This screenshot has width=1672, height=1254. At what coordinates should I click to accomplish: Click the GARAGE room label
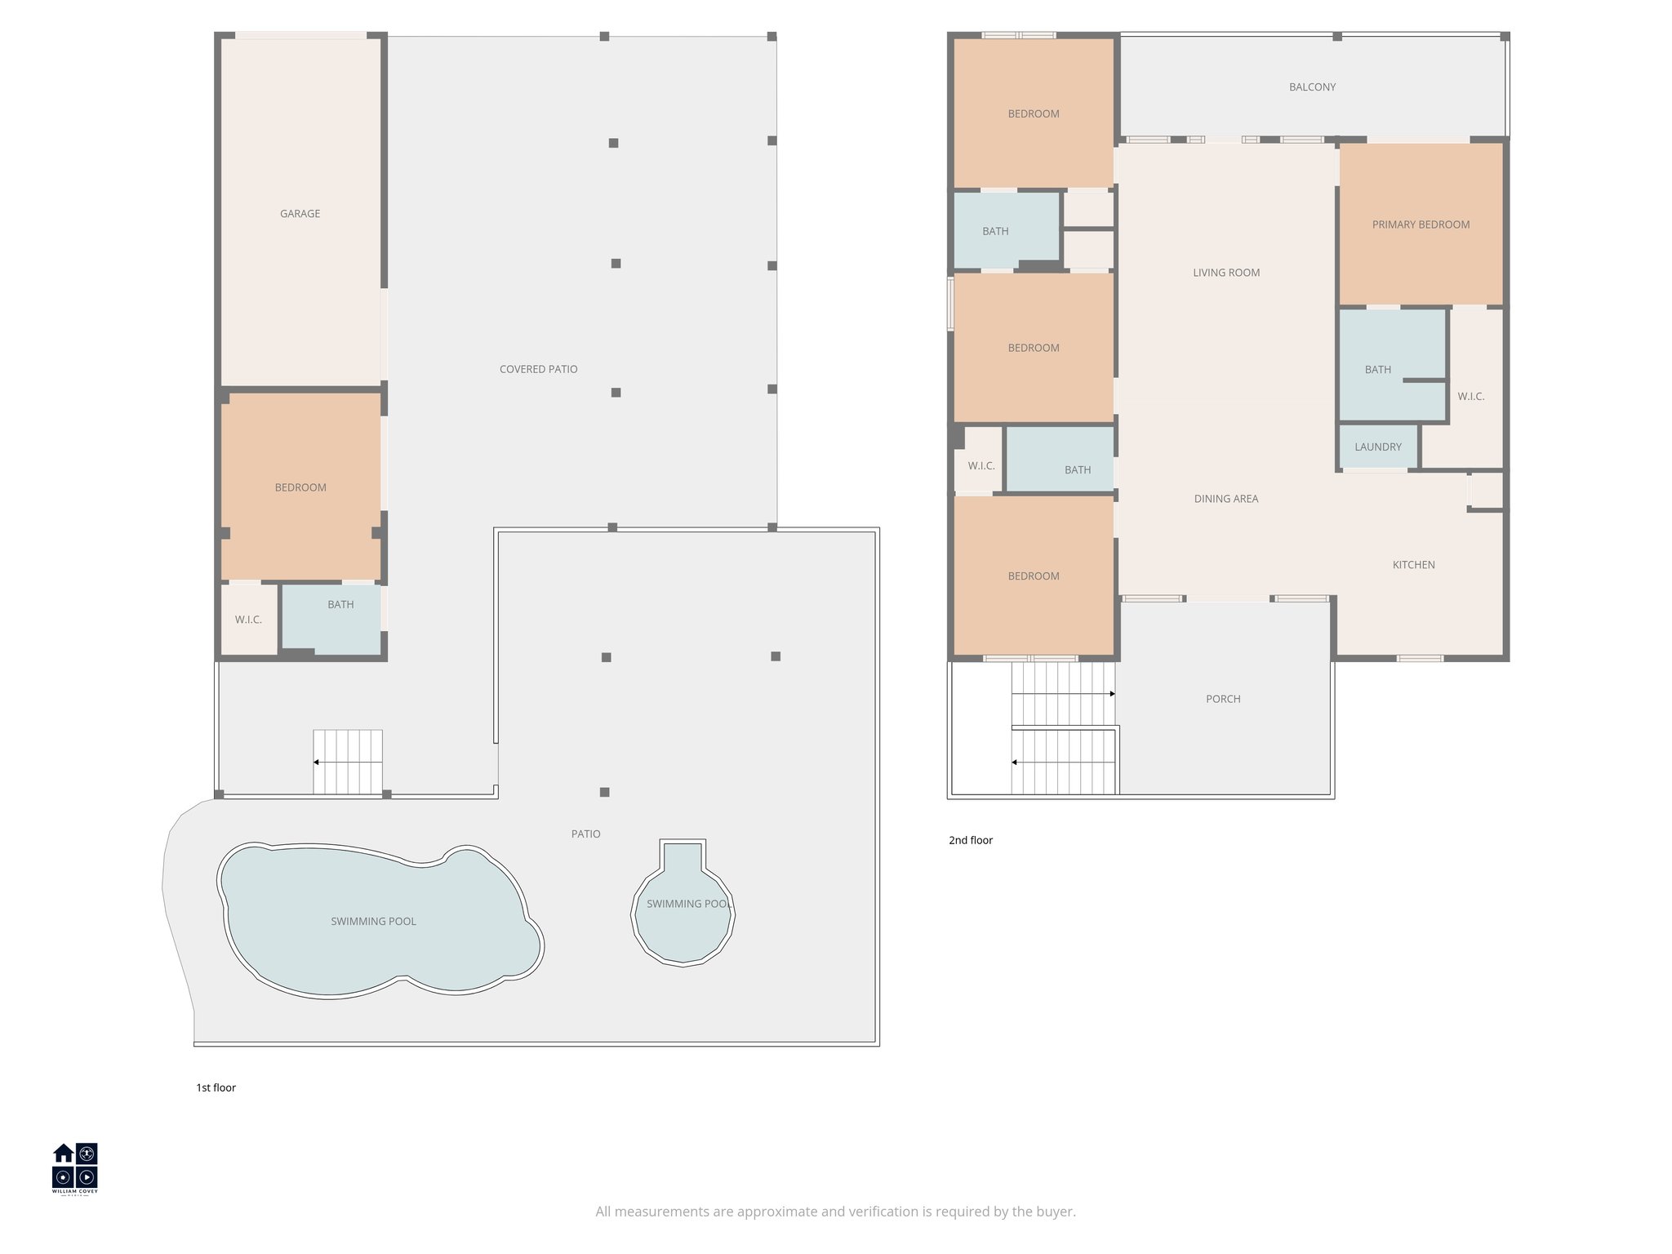point(300,214)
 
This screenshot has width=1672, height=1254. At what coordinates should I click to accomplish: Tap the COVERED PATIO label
point(538,369)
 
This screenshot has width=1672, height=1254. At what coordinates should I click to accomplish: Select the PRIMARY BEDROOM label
point(1421,225)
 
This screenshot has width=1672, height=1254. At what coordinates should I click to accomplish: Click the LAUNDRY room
point(1378,447)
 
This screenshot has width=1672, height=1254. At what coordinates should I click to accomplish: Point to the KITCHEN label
point(1413,565)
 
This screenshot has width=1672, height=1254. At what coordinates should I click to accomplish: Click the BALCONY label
point(1312,87)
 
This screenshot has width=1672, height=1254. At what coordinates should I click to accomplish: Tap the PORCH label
point(1223,699)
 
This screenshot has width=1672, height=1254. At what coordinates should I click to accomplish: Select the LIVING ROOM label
point(1226,273)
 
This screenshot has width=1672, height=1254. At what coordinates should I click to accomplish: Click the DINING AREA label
point(1225,499)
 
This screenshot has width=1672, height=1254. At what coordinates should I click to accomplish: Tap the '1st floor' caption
point(216,1087)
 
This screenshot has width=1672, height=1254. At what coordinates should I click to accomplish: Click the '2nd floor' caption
point(971,840)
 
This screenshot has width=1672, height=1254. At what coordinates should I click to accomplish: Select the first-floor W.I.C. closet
point(249,620)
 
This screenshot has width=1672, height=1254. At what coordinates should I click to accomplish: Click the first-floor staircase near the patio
point(348,762)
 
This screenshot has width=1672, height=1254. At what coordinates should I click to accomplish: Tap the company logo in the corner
point(75,1168)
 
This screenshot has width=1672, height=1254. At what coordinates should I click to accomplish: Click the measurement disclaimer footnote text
point(835,1212)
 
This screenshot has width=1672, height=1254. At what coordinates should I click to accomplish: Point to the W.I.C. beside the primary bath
point(1470,397)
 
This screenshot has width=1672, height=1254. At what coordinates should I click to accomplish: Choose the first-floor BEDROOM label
point(300,487)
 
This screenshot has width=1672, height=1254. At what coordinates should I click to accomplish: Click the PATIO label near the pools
point(585,834)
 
